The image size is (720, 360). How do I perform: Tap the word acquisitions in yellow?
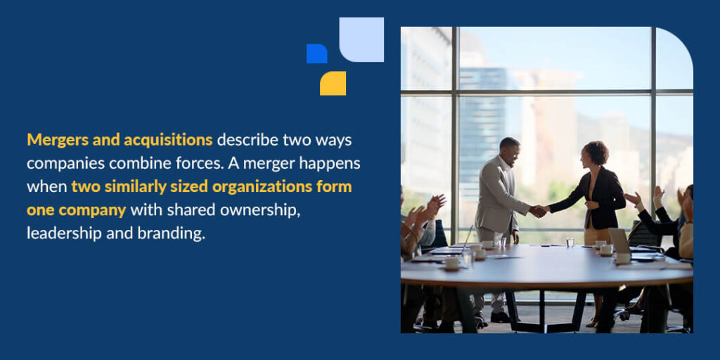click(168, 140)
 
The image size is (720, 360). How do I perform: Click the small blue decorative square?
click(316, 53)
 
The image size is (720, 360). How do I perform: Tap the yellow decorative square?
click(333, 83)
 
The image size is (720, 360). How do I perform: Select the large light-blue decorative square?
click(361, 39)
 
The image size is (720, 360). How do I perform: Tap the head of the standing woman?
click(596, 153)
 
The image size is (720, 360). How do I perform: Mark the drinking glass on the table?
click(570, 243)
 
